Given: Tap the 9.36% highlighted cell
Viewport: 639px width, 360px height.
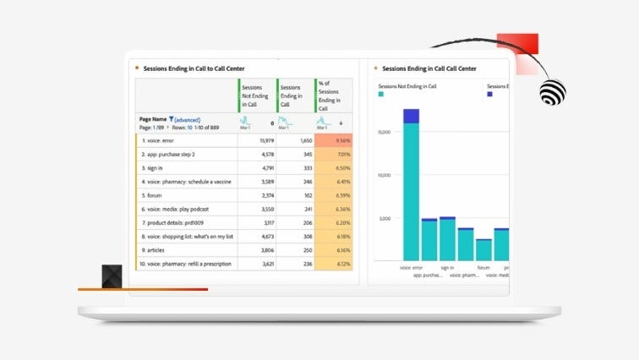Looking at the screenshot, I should pos(334,141).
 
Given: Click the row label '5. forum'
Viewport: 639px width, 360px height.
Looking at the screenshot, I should pos(153,195).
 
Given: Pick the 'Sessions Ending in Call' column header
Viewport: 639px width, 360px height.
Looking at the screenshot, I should pos(294,95).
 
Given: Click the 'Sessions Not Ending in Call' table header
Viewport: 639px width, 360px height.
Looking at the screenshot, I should pos(256,95).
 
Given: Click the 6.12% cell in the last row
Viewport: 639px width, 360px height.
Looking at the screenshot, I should pos(334,264).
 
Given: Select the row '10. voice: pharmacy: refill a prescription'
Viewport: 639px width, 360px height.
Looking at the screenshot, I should pos(187,264).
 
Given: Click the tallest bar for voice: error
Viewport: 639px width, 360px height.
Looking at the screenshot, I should pos(411,190).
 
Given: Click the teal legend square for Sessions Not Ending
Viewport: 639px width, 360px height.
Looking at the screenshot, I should pos(381,95).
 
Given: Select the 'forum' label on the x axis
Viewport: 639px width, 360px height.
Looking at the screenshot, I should pos(483,268).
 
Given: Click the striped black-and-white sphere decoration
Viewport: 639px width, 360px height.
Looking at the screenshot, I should pos(553,90).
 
